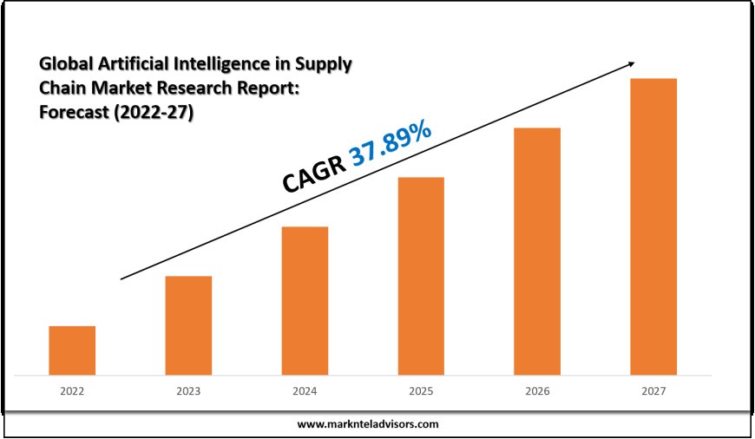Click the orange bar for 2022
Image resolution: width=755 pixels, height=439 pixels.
pos(72,351)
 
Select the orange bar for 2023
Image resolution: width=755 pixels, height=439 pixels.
pos(188,325)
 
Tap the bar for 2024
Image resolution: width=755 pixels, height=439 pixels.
pos(305,301)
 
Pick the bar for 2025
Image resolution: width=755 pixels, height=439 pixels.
pos(421,276)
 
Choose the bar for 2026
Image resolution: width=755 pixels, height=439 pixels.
pos(537,252)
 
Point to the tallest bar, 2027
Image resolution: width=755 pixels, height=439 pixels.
pos(653,226)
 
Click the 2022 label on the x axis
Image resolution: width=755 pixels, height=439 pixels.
pos(72,391)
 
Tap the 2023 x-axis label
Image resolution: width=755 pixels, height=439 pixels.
pos(188,391)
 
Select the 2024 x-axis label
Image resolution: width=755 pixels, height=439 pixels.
pos(305,391)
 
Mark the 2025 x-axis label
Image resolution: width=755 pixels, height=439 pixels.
pos(421,391)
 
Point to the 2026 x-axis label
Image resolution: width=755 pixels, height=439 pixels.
pos(537,391)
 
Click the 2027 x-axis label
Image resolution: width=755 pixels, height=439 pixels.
pos(653,391)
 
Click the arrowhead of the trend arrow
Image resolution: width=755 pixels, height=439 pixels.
pos(631,63)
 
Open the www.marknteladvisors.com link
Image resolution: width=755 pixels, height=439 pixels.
pos(368,424)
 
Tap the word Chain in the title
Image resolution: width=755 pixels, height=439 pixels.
pos(61,88)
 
